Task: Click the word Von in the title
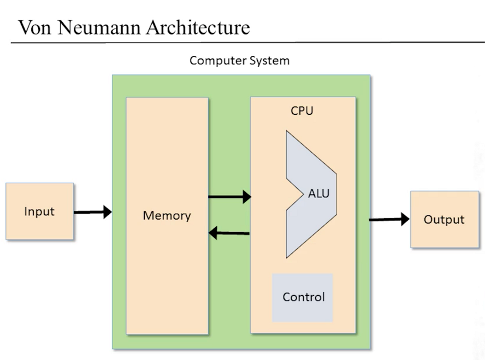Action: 35,28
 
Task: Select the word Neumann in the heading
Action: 99,28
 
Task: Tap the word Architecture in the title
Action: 198,28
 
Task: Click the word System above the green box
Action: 270,61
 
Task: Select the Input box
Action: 39,211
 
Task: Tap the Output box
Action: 444,219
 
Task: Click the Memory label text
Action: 167,216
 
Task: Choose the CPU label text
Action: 302,111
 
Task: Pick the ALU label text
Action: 319,194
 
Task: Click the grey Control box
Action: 302,298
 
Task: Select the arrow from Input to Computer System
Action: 93,212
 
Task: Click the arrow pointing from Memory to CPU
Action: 230,197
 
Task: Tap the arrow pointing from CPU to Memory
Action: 229,233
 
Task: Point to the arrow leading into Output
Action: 389,219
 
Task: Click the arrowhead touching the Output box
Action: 405,219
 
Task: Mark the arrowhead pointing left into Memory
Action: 213,233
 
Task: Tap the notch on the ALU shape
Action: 303,194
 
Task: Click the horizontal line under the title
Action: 248,42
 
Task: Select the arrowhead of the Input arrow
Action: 108,212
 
